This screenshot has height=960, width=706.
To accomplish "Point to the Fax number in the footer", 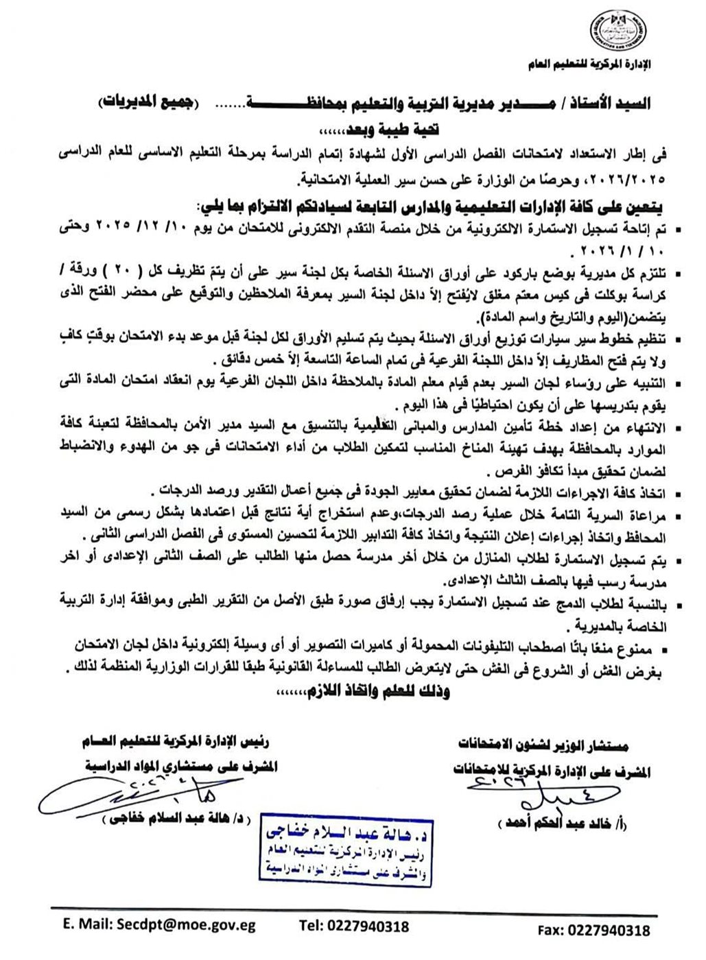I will (613, 930).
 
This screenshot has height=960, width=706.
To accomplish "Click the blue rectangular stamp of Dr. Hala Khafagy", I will (346, 852).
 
